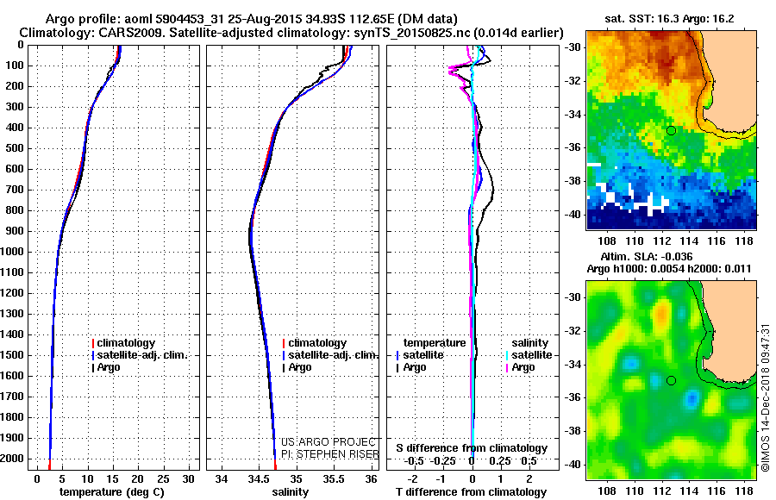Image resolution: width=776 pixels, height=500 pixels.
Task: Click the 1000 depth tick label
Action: (13, 252)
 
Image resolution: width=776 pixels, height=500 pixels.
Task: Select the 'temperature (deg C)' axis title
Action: (113, 492)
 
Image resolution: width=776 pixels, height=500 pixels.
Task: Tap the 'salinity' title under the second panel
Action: (289, 492)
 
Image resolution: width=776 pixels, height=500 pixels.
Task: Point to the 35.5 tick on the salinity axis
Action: (333, 478)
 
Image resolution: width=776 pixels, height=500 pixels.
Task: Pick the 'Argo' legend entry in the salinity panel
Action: (300, 367)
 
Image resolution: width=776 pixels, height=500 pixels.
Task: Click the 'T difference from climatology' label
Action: (472, 492)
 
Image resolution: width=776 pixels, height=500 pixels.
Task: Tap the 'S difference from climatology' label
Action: (472, 448)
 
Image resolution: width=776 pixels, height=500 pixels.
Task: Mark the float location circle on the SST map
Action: (671, 130)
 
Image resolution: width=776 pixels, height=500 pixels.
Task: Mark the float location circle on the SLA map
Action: (671, 380)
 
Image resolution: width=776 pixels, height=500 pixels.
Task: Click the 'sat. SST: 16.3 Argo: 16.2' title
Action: (672, 19)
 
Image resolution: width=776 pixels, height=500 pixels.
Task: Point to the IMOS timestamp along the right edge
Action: (766, 397)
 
